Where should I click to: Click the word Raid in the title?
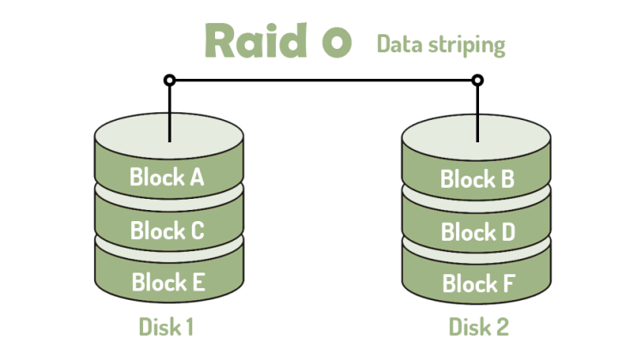click(255, 40)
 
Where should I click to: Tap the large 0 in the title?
click(336, 43)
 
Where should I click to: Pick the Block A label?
click(167, 177)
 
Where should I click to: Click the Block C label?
click(167, 230)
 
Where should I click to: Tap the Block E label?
click(167, 281)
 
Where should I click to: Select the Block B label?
click(477, 179)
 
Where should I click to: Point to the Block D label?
click(477, 231)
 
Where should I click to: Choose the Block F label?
click(477, 283)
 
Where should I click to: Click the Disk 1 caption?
click(168, 327)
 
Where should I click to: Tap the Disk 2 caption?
click(479, 327)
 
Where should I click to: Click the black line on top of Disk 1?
click(169, 127)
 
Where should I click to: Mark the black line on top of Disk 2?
click(477, 127)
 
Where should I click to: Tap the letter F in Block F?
click(506, 283)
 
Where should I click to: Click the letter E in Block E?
click(195, 281)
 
